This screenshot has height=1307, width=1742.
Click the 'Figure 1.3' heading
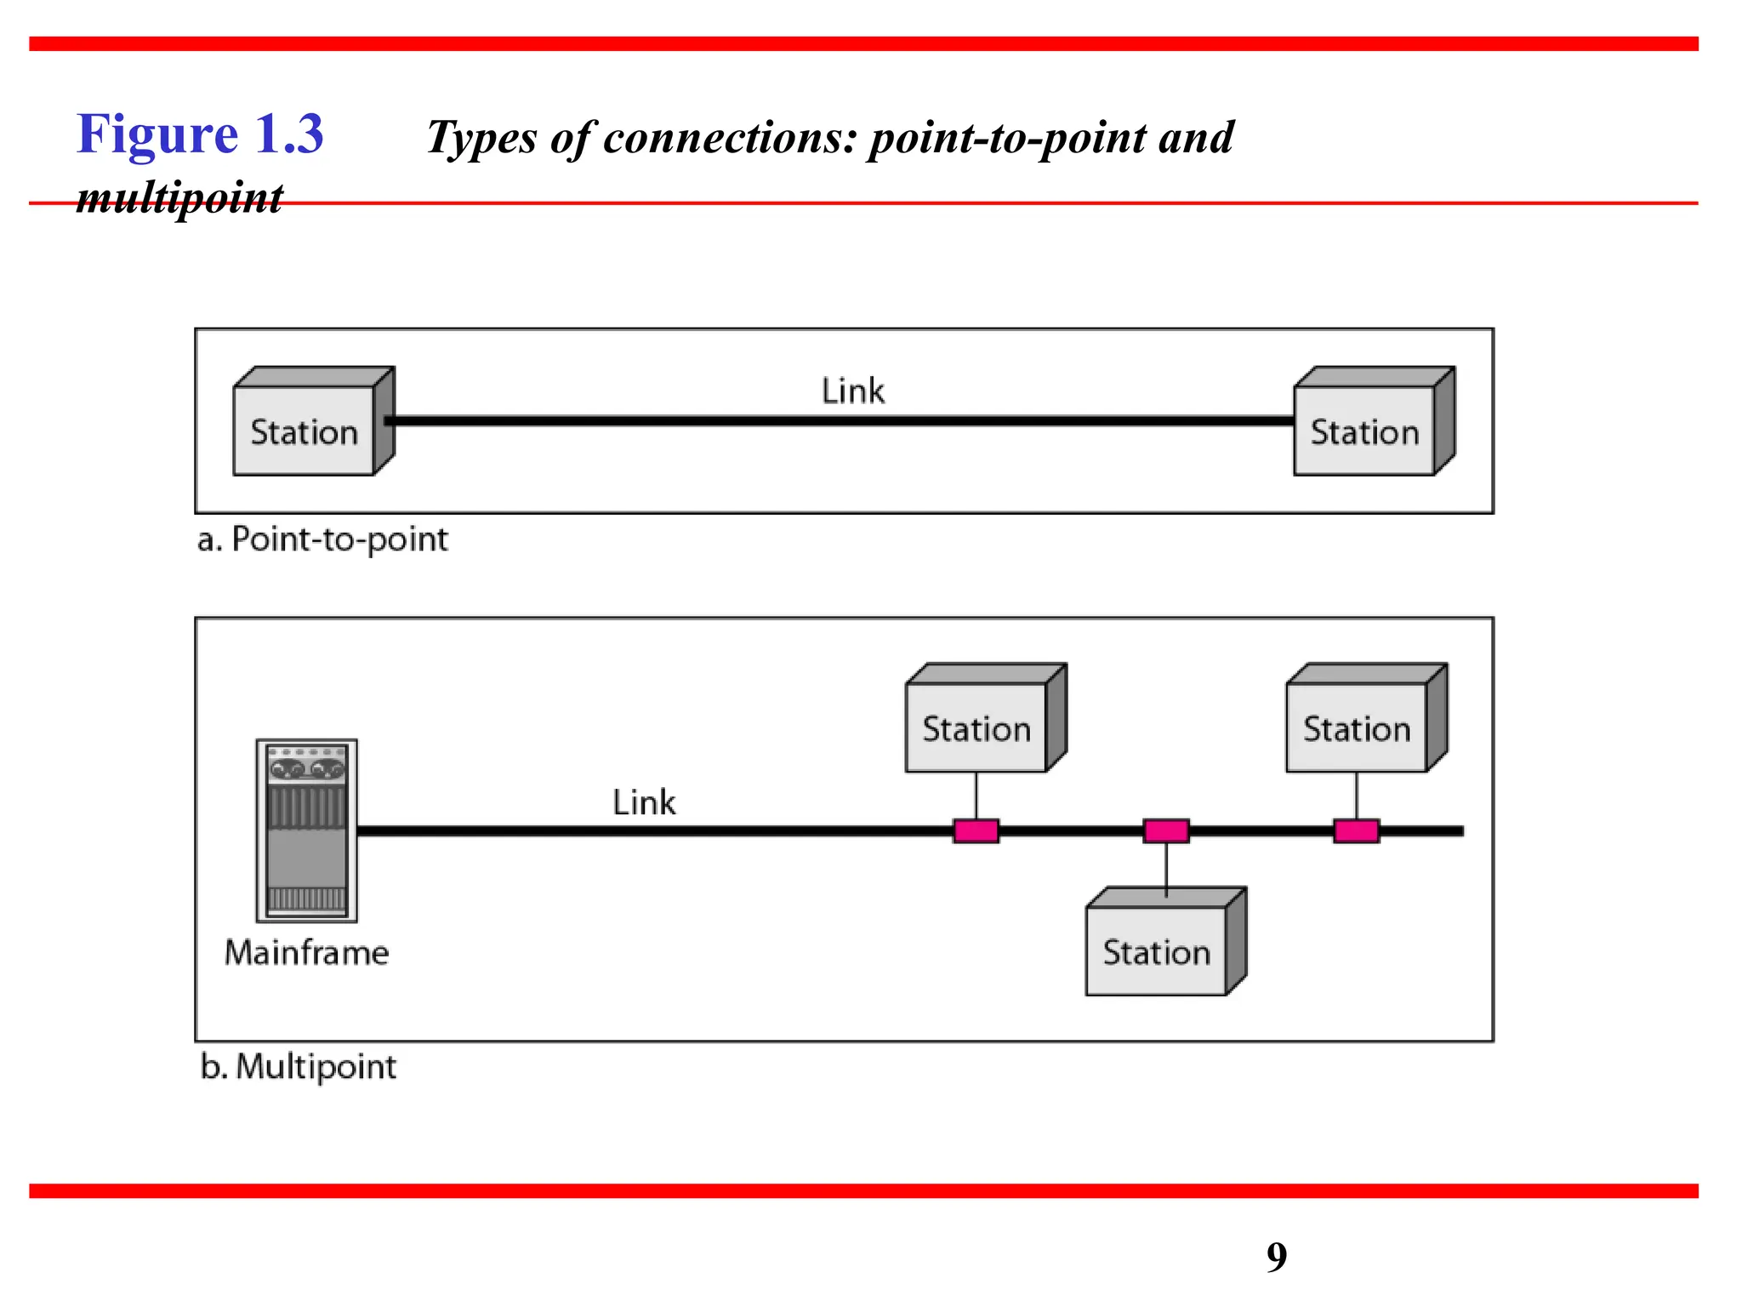(x=200, y=134)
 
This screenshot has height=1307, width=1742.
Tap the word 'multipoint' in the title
(x=179, y=197)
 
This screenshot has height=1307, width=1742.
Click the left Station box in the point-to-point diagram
(x=305, y=431)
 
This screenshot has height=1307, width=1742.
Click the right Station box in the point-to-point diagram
(x=1364, y=431)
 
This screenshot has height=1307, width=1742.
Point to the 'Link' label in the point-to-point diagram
(x=852, y=391)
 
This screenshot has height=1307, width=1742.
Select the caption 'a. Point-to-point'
(x=322, y=539)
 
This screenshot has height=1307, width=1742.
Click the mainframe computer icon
(x=307, y=830)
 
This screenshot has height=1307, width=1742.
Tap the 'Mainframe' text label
(x=307, y=952)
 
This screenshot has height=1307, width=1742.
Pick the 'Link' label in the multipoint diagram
(x=644, y=802)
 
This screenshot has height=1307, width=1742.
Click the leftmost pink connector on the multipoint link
(x=976, y=830)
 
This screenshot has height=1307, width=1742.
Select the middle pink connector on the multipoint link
(x=1166, y=830)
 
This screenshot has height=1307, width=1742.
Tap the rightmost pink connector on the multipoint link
(x=1356, y=830)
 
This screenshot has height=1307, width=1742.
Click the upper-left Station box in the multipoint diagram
(x=976, y=728)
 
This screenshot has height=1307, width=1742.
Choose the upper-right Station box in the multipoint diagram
(x=1357, y=728)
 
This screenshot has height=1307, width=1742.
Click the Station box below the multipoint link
(x=1157, y=950)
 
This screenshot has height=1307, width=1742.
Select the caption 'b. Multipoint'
(x=299, y=1066)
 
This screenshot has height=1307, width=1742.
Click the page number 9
(x=1277, y=1257)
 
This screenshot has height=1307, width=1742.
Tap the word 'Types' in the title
(x=481, y=138)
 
